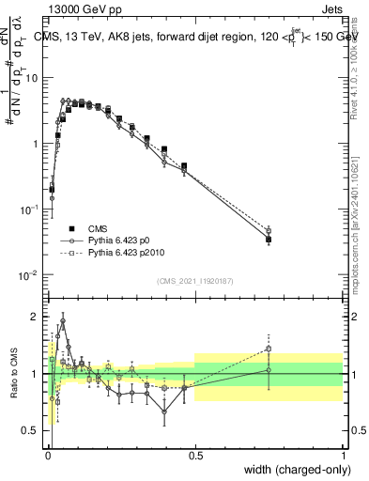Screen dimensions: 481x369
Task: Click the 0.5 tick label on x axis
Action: (x=195, y=454)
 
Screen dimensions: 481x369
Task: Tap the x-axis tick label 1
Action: (x=343, y=454)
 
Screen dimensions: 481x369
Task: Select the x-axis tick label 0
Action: (x=49, y=454)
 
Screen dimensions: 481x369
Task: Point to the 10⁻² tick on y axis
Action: (x=31, y=275)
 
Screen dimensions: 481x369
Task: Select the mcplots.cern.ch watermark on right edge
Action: (x=357, y=235)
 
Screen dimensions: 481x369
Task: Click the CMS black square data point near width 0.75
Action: (x=269, y=240)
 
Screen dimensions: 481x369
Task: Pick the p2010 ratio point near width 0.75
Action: (x=269, y=349)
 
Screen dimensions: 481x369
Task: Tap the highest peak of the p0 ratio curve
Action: (x=63, y=320)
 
